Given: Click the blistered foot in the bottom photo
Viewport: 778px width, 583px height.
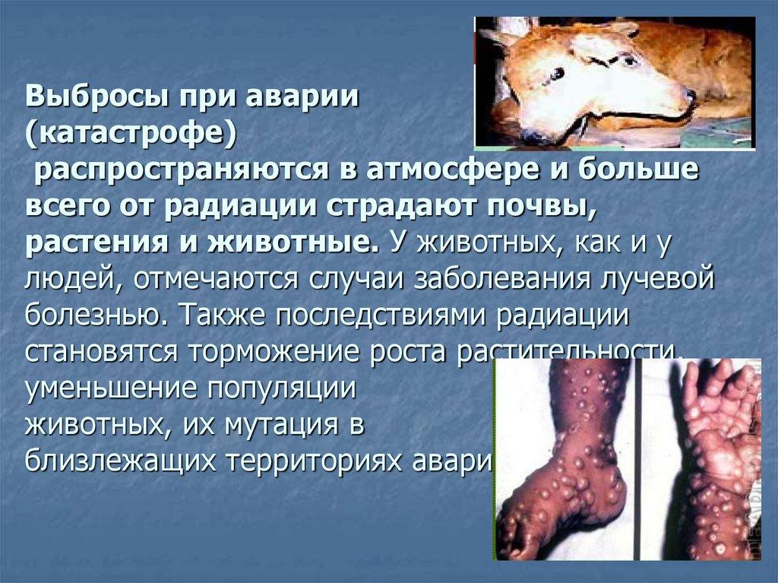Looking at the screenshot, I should [x=562, y=486].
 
